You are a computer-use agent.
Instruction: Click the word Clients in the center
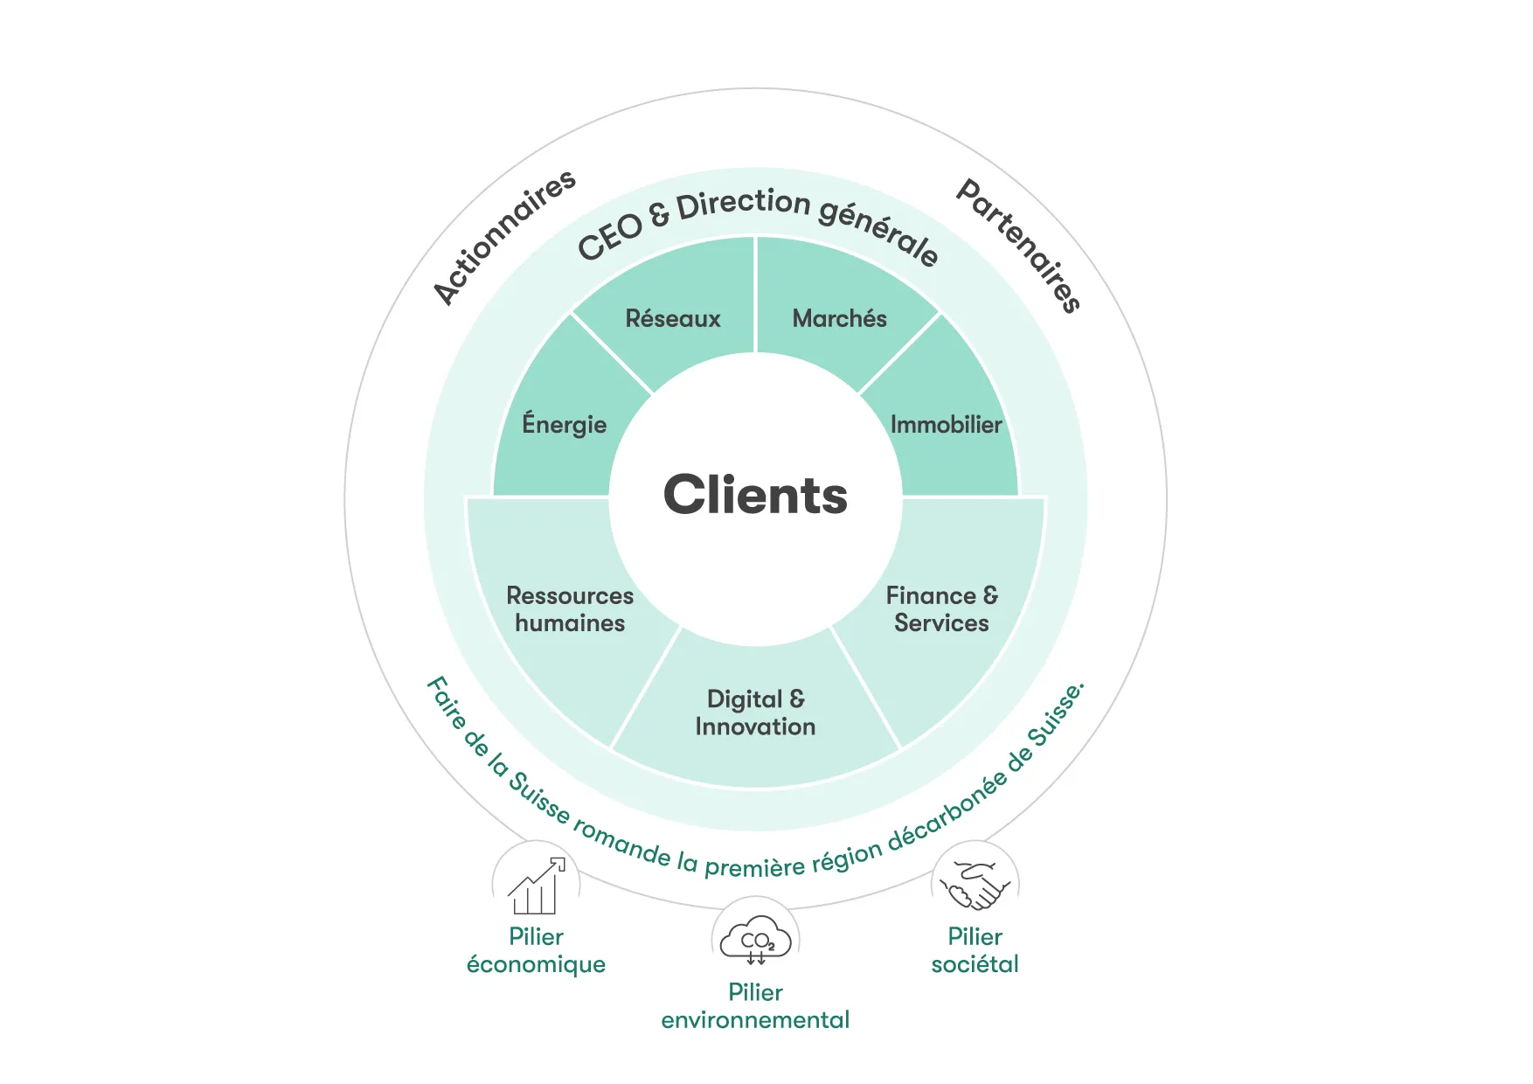[755, 495]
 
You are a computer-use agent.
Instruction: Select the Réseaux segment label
[673, 318]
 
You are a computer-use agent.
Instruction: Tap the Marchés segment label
[839, 318]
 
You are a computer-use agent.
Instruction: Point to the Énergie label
[564, 425]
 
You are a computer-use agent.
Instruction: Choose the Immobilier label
[946, 425]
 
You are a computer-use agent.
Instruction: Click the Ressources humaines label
[570, 609]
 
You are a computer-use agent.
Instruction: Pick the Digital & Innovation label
[755, 712]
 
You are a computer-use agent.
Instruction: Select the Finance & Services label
[941, 609]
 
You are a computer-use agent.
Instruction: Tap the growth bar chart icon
[536, 886]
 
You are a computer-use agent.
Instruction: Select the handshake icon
[975, 886]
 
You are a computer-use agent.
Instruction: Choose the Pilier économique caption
[536, 950]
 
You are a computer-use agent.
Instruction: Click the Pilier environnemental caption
[755, 1006]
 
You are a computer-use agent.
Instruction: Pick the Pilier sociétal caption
[975, 950]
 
